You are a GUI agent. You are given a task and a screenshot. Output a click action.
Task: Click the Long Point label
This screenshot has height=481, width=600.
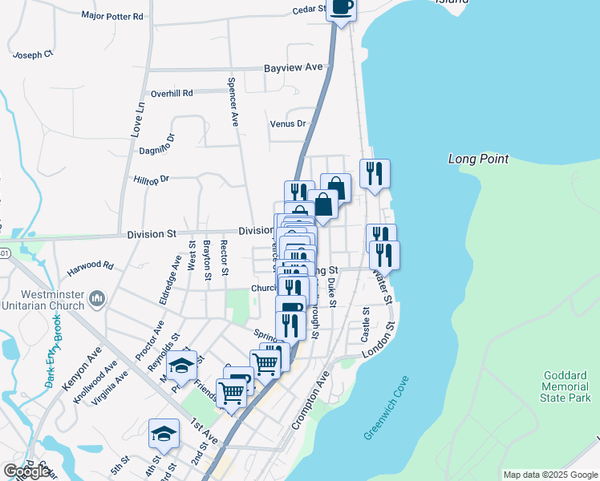pos(478,159)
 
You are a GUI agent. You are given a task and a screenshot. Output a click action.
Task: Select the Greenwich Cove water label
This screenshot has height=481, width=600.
pos(386,407)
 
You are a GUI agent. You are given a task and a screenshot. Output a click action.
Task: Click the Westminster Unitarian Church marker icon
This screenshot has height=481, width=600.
pos(97,298)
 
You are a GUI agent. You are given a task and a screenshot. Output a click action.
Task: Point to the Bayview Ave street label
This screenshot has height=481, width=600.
pos(294,68)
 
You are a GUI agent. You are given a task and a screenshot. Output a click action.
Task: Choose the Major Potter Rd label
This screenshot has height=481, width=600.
pos(112,15)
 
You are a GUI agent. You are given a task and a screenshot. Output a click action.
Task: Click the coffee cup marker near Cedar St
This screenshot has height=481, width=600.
pos(342,8)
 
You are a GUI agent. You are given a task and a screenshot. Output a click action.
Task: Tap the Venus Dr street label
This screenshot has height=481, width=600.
pos(289,123)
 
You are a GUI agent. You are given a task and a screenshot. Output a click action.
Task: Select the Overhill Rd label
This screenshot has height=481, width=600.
pos(172,93)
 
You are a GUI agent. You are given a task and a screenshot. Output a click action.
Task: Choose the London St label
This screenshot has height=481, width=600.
pos(379,342)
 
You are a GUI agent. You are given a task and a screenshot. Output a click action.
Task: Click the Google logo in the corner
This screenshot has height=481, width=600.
pos(26,471)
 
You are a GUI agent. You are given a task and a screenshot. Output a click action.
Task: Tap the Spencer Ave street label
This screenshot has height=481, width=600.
pos(233,102)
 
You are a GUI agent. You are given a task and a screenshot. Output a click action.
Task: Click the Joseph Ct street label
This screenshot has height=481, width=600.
pos(34,55)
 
